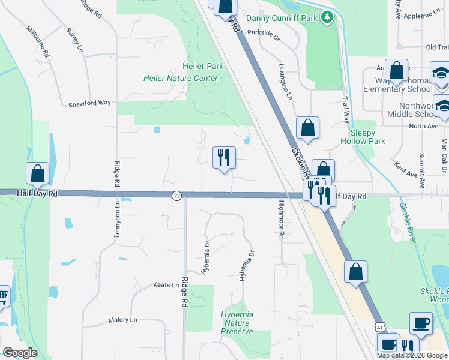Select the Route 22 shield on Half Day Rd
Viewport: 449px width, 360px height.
[x=176, y=196]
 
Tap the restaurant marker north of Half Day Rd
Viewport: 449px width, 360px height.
[x=224, y=158]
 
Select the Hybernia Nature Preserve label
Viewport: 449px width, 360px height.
[x=237, y=323]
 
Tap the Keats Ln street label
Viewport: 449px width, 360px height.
[x=166, y=285]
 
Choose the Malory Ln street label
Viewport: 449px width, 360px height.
[x=123, y=320]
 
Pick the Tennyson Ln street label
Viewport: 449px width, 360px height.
[x=118, y=219]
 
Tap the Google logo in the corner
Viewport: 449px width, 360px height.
[x=20, y=353]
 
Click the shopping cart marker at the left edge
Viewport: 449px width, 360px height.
[x=3, y=296]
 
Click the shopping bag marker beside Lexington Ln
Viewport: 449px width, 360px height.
[x=307, y=128]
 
